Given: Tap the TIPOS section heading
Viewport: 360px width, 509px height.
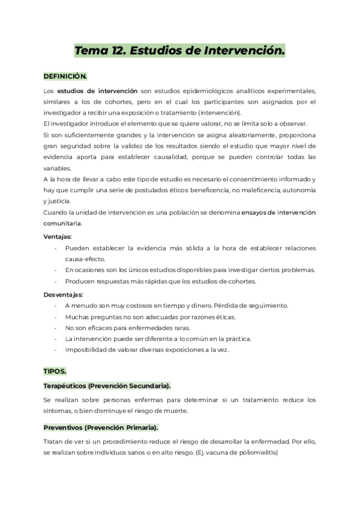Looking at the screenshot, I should point(55,372).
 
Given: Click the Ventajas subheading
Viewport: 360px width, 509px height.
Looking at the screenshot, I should point(58,236).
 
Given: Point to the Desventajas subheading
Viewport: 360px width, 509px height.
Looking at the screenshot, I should point(64,295).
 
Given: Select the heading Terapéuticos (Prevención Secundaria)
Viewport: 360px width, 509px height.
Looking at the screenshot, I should point(107,385).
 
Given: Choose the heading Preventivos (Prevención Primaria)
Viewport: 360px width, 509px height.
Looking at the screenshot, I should point(101,427).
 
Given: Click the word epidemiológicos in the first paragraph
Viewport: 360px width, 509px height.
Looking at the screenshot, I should point(203,91).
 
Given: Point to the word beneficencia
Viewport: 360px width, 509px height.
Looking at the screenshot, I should point(228,190).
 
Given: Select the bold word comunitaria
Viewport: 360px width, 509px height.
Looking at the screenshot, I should point(63,223).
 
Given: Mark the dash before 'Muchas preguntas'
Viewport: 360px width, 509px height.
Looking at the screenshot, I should point(55,317).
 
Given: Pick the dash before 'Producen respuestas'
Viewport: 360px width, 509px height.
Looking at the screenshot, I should point(55,281).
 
